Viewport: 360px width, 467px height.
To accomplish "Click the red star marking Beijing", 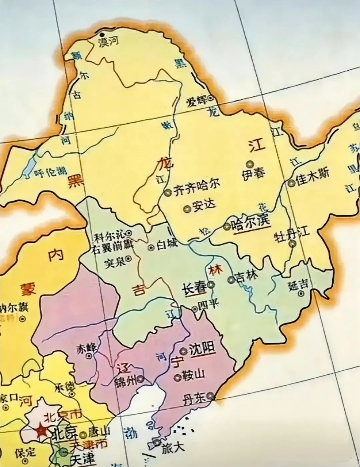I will click(x=41, y=431).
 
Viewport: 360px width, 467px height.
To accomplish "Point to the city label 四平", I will click(x=208, y=304).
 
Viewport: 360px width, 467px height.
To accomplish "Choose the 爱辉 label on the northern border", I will click(x=196, y=101).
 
